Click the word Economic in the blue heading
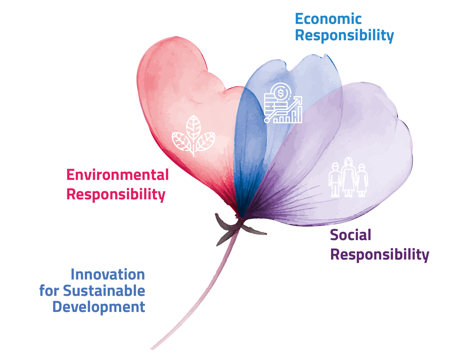click(x=328, y=19)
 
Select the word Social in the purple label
click(x=351, y=235)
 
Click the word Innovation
click(x=108, y=274)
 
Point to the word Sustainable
click(x=104, y=291)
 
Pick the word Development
click(x=99, y=307)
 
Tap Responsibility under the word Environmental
click(x=116, y=194)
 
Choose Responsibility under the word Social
click(x=380, y=255)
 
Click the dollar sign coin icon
click(x=281, y=93)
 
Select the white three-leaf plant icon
click(x=193, y=136)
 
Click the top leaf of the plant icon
click(x=193, y=127)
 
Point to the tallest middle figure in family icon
click(x=349, y=177)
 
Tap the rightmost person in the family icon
click(x=362, y=181)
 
